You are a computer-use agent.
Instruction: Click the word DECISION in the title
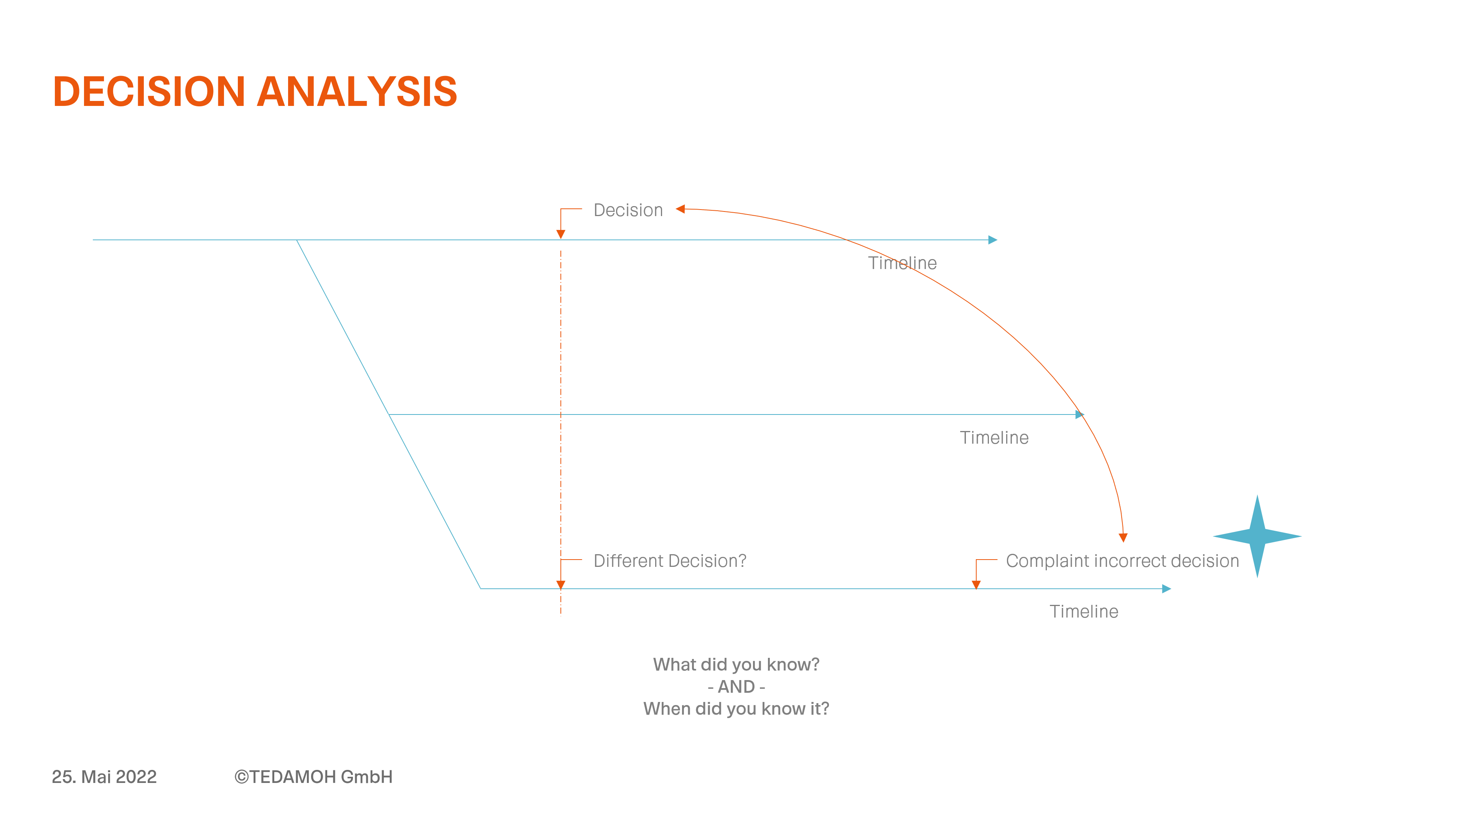(149, 92)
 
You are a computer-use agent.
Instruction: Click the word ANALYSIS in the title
(358, 92)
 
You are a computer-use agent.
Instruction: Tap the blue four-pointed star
(1257, 536)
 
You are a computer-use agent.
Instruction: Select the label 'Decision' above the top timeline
(628, 210)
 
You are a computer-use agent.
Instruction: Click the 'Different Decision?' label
(670, 561)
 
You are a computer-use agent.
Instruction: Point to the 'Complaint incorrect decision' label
(1122, 561)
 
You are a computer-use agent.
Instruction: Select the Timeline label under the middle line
(994, 437)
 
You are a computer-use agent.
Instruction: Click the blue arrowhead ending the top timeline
(993, 240)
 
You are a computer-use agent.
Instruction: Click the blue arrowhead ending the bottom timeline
(1167, 589)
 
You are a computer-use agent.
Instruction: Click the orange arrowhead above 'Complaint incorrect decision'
(1123, 538)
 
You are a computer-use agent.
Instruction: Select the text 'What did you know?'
(736, 664)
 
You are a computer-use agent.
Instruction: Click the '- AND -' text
(736, 687)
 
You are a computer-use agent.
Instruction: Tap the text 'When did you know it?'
(736, 709)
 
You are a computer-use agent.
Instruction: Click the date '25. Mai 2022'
(104, 776)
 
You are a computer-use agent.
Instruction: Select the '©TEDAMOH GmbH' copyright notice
(313, 776)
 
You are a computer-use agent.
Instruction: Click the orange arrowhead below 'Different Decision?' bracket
(561, 585)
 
